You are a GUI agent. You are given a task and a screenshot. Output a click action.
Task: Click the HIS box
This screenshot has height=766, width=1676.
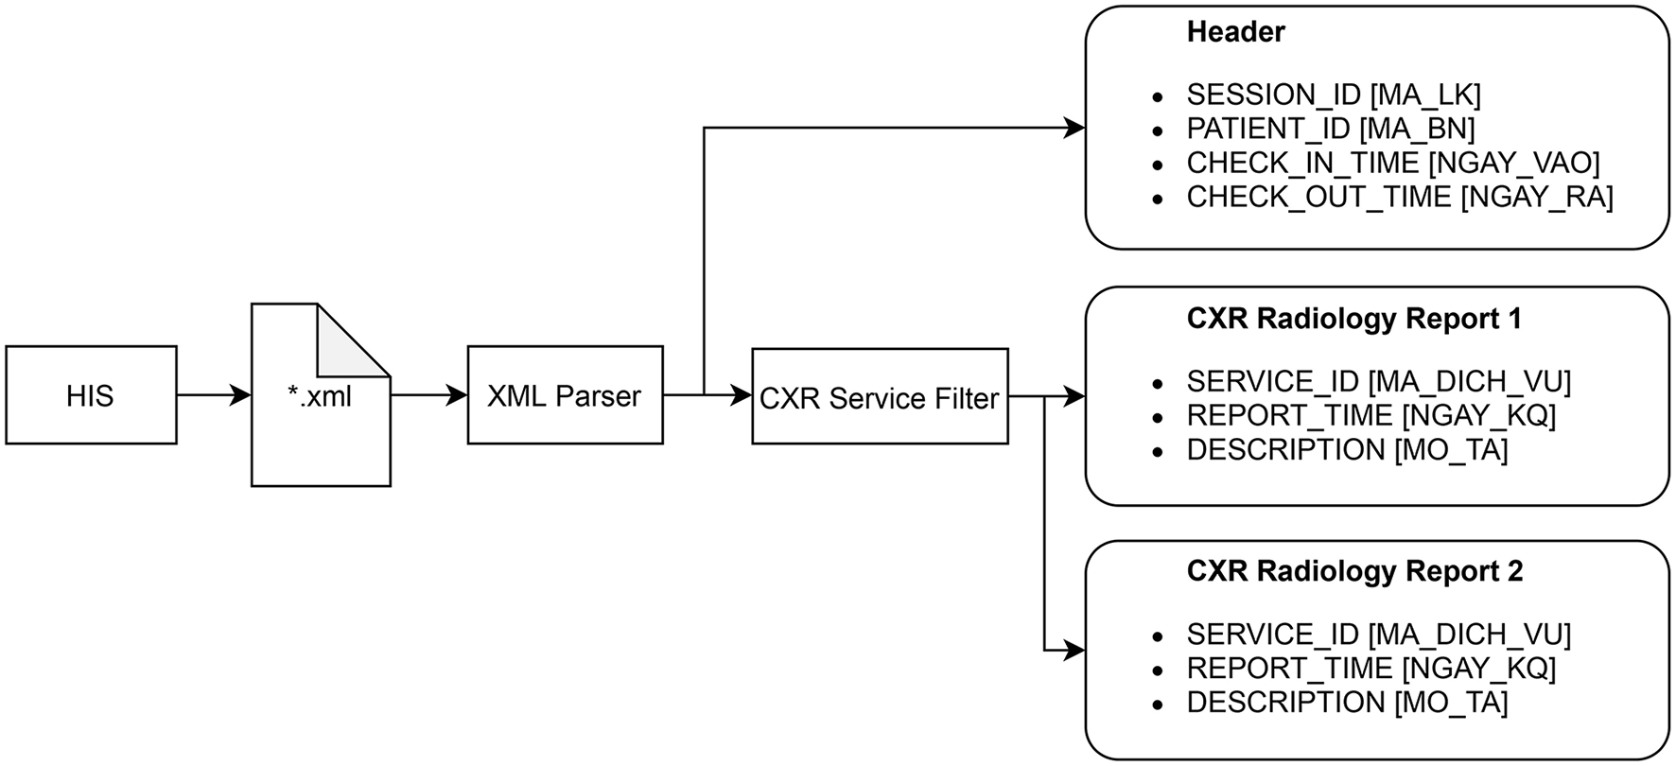pyautogui.click(x=91, y=395)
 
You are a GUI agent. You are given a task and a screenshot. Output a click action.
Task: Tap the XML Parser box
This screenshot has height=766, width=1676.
pyautogui.click(x=565, y=395)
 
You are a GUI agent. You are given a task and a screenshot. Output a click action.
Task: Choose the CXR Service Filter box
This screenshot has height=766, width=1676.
pyautogui.click(x=879, y=397)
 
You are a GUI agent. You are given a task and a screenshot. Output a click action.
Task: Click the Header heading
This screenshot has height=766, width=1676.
pyautogui.click(x=1234, y=33)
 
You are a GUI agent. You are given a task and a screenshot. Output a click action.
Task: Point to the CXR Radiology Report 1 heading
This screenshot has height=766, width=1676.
pyautogui.click(x=1353, y=320)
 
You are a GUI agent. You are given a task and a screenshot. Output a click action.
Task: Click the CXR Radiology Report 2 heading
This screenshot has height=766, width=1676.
pyautogui.click(x=1353, y=572)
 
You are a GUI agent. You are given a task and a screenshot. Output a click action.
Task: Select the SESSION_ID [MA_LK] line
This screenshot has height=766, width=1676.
pyautogui.click(x=1333, y=95)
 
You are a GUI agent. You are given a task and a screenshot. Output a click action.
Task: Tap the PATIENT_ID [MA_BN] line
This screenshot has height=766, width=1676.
pyautogui.click(x=1330, y=129)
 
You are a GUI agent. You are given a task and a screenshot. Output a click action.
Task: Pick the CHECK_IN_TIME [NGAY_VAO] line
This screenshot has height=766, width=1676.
pyautogui.click(x=1392, y=163)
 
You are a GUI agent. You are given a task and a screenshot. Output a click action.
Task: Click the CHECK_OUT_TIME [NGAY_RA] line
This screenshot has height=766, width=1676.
pyautogui.click(x=1399, y=197)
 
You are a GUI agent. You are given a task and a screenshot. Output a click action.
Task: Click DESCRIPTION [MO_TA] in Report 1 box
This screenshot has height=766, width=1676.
pyautogui.click(x=1346, y=450)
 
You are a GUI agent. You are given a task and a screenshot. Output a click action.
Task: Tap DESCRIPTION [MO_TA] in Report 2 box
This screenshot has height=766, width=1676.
pyautogui.click(x=1346, y=703)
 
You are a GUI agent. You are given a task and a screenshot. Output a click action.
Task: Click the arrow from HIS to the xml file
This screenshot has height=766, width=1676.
pyautogui.click(x=213, y=395)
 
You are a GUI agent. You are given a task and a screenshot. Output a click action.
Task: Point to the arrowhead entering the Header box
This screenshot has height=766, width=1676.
pyautogui.click(x=1074, y=128)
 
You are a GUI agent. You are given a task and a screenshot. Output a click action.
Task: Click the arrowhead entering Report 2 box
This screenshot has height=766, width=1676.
pyautogui.click(x=1074, y=651)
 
